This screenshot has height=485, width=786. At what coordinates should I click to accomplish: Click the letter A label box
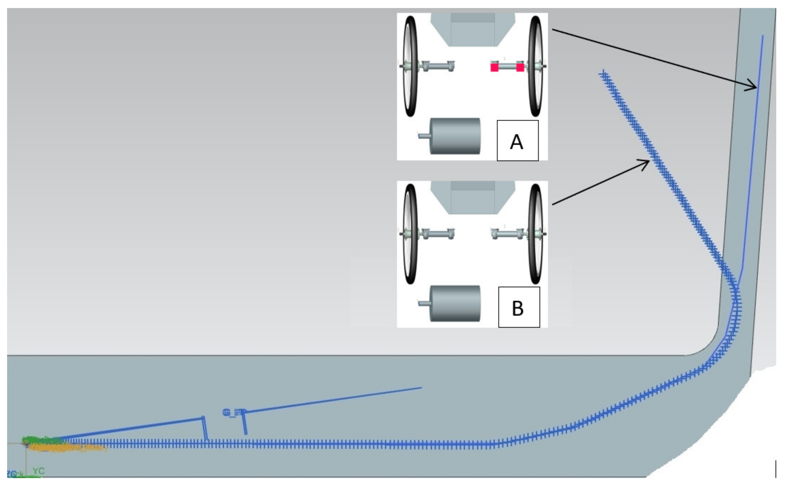point(517,140)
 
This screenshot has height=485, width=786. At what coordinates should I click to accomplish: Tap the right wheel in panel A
point(535,66)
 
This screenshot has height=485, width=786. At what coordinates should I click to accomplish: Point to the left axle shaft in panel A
point(438,66)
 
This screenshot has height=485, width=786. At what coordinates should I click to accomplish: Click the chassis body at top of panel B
point(472,197)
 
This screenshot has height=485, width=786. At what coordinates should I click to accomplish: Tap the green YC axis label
point(38,471)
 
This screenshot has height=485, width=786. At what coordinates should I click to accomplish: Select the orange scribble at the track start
point(64,448)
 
